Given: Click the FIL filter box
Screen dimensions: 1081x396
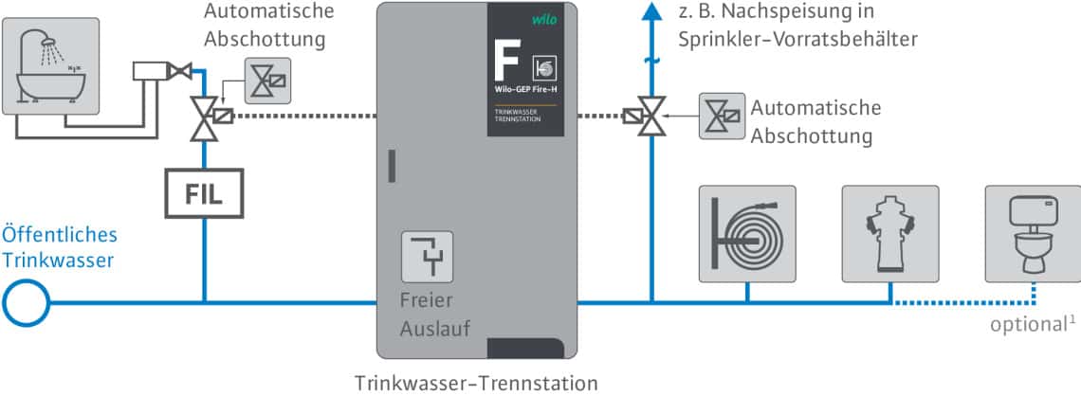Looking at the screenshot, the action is point(204,194).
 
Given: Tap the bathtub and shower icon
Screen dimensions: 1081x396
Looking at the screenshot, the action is point(51,66).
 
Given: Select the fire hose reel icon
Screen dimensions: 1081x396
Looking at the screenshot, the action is point(747,234).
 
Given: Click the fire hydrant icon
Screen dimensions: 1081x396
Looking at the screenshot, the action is point(890,234).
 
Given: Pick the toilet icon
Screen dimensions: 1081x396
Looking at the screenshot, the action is point(1033,234).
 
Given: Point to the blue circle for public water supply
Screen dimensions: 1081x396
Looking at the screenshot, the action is point(27,302).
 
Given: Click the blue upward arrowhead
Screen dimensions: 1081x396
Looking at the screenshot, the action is point(650,11).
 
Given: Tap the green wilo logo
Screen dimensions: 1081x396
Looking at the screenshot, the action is point(544,19).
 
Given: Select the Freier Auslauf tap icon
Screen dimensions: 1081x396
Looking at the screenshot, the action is point(428,257).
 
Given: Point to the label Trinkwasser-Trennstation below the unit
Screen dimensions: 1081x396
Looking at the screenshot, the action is point(476,383).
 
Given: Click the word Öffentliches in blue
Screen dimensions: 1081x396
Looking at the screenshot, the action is point(60,235).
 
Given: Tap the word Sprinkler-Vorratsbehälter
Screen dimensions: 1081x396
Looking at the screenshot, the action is point(797,39).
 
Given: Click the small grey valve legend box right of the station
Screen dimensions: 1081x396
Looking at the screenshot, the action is point(722,117).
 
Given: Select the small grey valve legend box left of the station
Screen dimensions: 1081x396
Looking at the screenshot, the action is point(267,81).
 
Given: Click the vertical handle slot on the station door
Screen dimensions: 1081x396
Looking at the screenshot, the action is point(392,166).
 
